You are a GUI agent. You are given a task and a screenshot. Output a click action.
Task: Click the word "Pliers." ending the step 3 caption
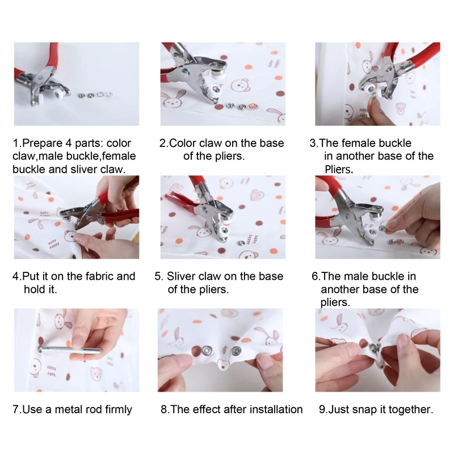coord(339,169)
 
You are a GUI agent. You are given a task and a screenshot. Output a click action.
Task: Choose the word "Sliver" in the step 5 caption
coord(179,276)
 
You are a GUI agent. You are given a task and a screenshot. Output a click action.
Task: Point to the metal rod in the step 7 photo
coord(69,350)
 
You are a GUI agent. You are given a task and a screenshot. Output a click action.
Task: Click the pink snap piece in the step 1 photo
coord(110,94)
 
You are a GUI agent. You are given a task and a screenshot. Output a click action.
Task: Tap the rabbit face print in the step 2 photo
coord(174,100)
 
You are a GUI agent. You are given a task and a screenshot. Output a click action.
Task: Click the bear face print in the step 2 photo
coord(239,85)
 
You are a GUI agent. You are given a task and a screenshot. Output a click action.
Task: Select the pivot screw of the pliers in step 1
coord(40,77)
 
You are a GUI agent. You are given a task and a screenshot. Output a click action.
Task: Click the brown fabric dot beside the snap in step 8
coord(197,351)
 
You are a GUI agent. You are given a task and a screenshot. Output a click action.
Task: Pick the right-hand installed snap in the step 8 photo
coord(236,351)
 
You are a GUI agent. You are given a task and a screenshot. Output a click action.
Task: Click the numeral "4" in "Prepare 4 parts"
coord(69,144)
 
